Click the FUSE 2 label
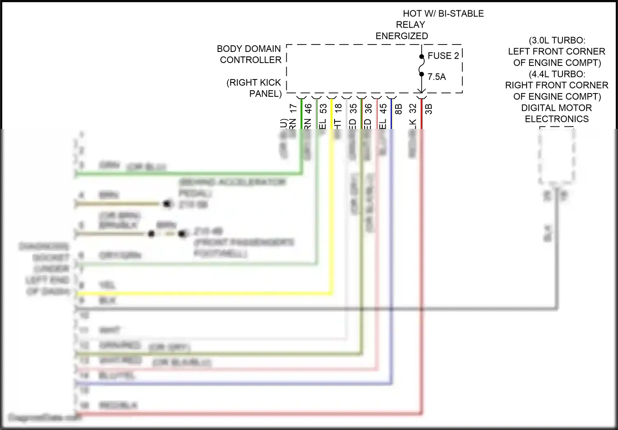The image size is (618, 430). pos(443,56)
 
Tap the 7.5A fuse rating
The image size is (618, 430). pos(437,77)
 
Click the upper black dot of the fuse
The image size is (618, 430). pos(421,56)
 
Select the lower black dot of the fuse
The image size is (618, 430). pos(421,74)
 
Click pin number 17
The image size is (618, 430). pos(293,108)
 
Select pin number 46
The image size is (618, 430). pos(308,108)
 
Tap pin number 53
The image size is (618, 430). pos(323,108)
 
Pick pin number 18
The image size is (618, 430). pos(338,108)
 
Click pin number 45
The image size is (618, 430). pos(383,108)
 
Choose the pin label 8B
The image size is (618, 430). pos(398,109)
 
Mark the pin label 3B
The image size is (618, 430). pos(428,109)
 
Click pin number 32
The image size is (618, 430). pos(413,108)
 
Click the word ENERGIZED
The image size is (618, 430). pos(402,36)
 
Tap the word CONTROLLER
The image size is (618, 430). pos(250,60)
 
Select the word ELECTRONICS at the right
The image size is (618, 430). pos(557,119)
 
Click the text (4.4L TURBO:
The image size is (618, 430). pos(557,74)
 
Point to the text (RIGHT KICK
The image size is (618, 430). pos(253,82)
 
